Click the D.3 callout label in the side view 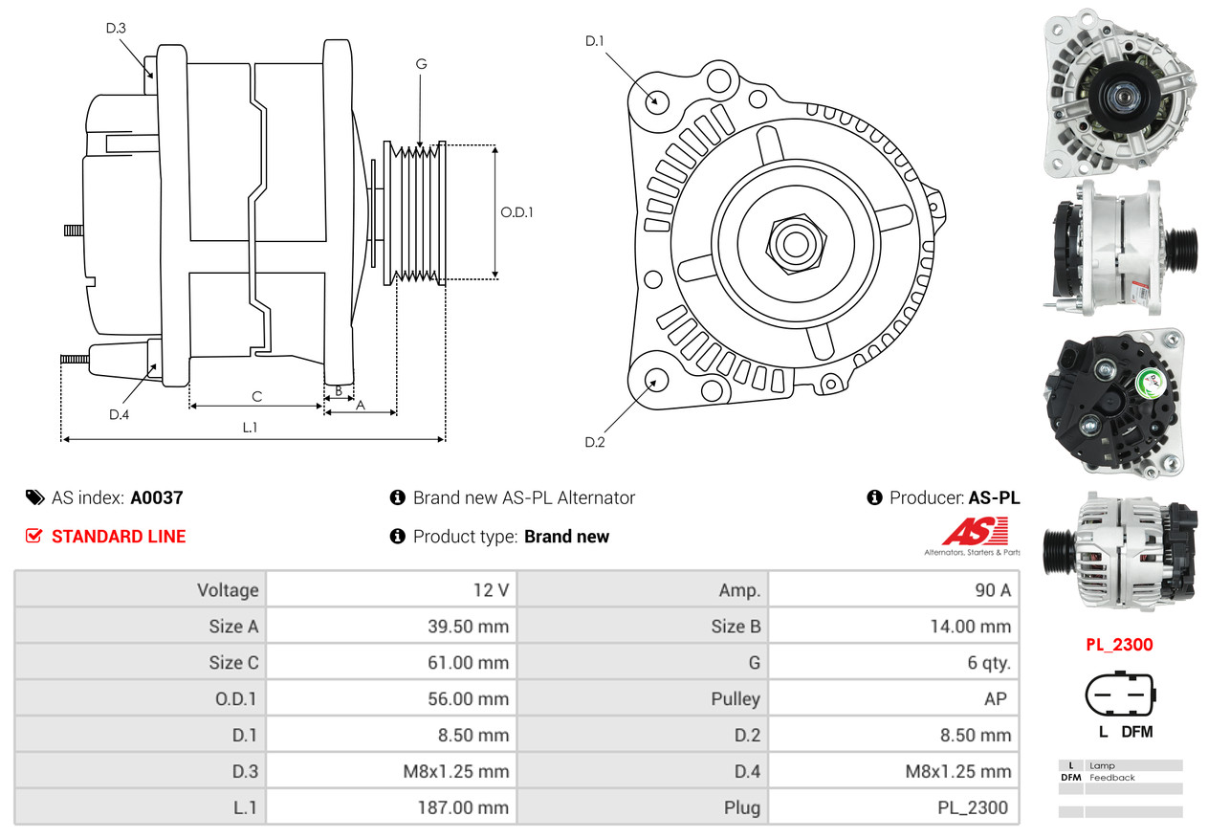point(116,29)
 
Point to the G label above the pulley point(421,64)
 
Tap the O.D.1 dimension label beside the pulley point(516,212)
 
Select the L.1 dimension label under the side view point(250,428)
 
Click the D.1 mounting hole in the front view point(656,100)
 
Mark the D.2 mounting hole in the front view point(655,381)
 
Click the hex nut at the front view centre point(793,242)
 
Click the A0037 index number point(157,497)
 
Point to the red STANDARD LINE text point(119,537)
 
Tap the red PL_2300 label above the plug point(1119,644)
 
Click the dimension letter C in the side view point(256,396)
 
